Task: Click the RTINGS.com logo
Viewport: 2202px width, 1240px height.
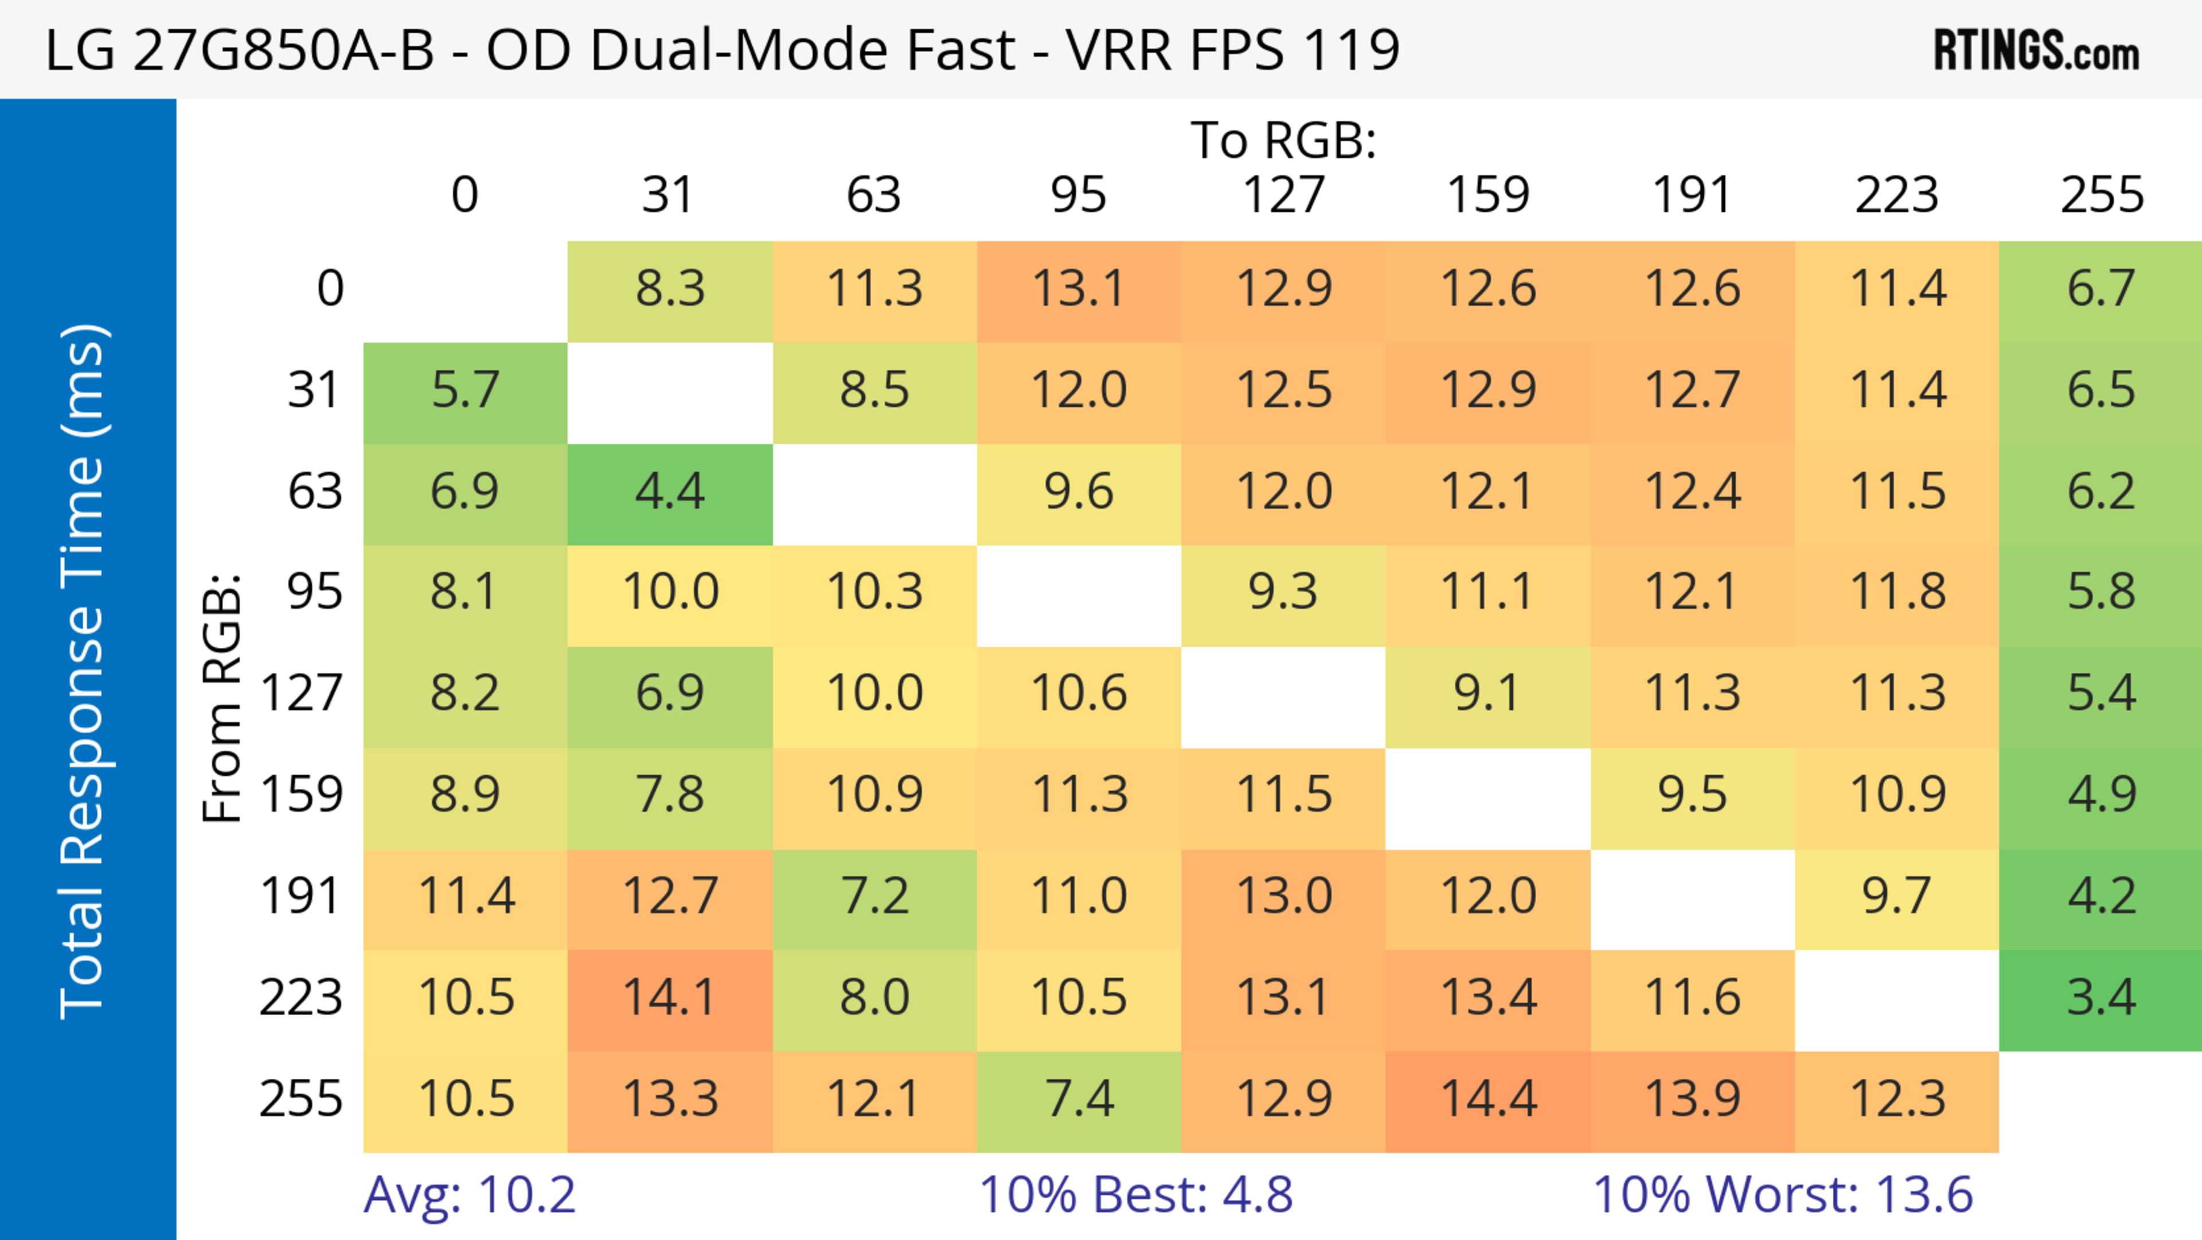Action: (x=2036, y=49)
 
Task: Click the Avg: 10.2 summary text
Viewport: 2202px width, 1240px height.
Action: (x=469, y=1195)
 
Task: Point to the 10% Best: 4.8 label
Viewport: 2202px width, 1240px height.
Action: (x=1135, y=1195)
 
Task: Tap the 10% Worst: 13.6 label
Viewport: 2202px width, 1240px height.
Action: (x=1783, y=1195)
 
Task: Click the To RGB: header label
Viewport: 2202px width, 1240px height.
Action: (x=1283, y=140)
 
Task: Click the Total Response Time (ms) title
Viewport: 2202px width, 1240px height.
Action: (x=84, y=671)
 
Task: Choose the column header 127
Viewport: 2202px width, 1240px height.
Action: (x=1283, y=195)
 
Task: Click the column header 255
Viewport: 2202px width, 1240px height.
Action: (x=2101, y=195)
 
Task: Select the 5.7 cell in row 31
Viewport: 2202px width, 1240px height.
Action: (x=465, y=391)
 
